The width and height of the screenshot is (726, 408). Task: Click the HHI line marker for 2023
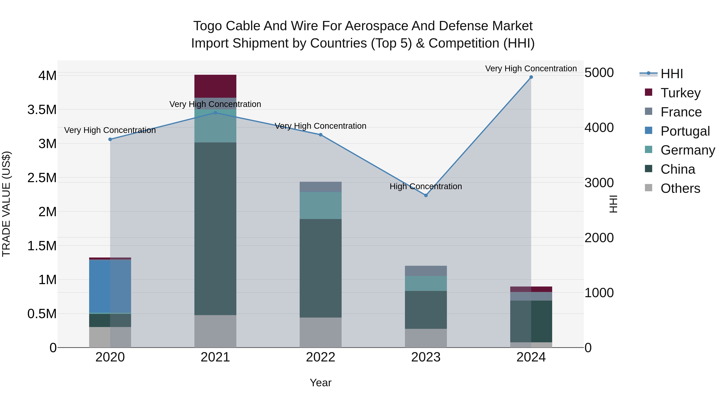[x=426, y=195]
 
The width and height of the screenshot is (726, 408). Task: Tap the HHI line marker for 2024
[x=531, y=77]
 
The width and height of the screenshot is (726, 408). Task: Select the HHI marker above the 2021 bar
[x=215, y=113]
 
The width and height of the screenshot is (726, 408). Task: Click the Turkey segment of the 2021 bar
[x=215, y=86]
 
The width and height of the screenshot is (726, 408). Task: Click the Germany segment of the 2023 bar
[x=426, y=283]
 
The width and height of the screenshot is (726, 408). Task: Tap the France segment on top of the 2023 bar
[x=426, y=271]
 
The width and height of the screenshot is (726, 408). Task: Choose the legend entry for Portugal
[x=685, y=131]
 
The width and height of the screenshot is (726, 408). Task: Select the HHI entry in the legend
[x=671, y=74]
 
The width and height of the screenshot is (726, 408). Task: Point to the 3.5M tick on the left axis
[x=42, y=110]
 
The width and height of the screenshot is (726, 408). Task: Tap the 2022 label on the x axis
[x=320, y=357]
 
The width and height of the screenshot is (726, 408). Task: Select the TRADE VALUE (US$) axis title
[x=6, y=204]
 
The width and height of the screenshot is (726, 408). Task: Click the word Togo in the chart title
[x=205, y=26]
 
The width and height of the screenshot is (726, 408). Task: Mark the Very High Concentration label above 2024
[x=531, y=69]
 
